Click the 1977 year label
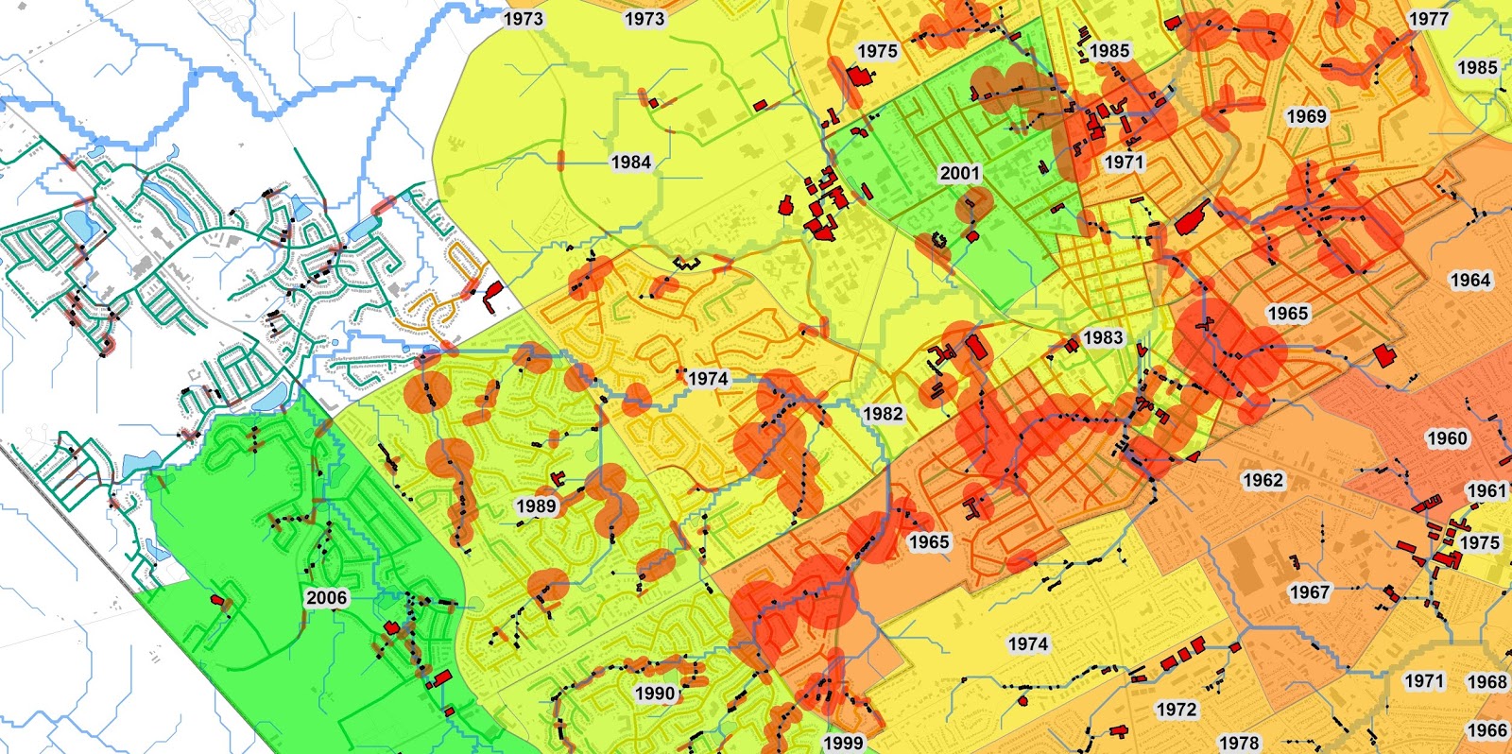click(x=1428, y=19)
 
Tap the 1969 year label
click(x=1307, y=116)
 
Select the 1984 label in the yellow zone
click(x=630, y=162)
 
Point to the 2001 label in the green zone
click(x=959, y=173)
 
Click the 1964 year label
click(x=1469, y=280)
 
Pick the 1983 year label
click(x=1103, y=337)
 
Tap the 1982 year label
click(x=883, y=413)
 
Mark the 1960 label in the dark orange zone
click(x=1447, y=438)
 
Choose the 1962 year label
click(x=1263, y=480)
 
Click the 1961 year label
click(x=1486, y=490)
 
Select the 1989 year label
click(x=536, y=506)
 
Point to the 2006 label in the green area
click(x=326, y=597)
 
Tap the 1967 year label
click(x=1310, y=592)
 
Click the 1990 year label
click(x=655, y=693)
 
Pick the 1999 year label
click(x=843, y=743)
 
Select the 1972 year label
click(x=1177, y=709)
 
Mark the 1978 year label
click(x=1239, y=743)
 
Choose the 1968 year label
click(x=1486, y=681)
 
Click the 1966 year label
click(x=1486, y=729)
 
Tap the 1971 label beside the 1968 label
click(x=1424, y=680)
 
